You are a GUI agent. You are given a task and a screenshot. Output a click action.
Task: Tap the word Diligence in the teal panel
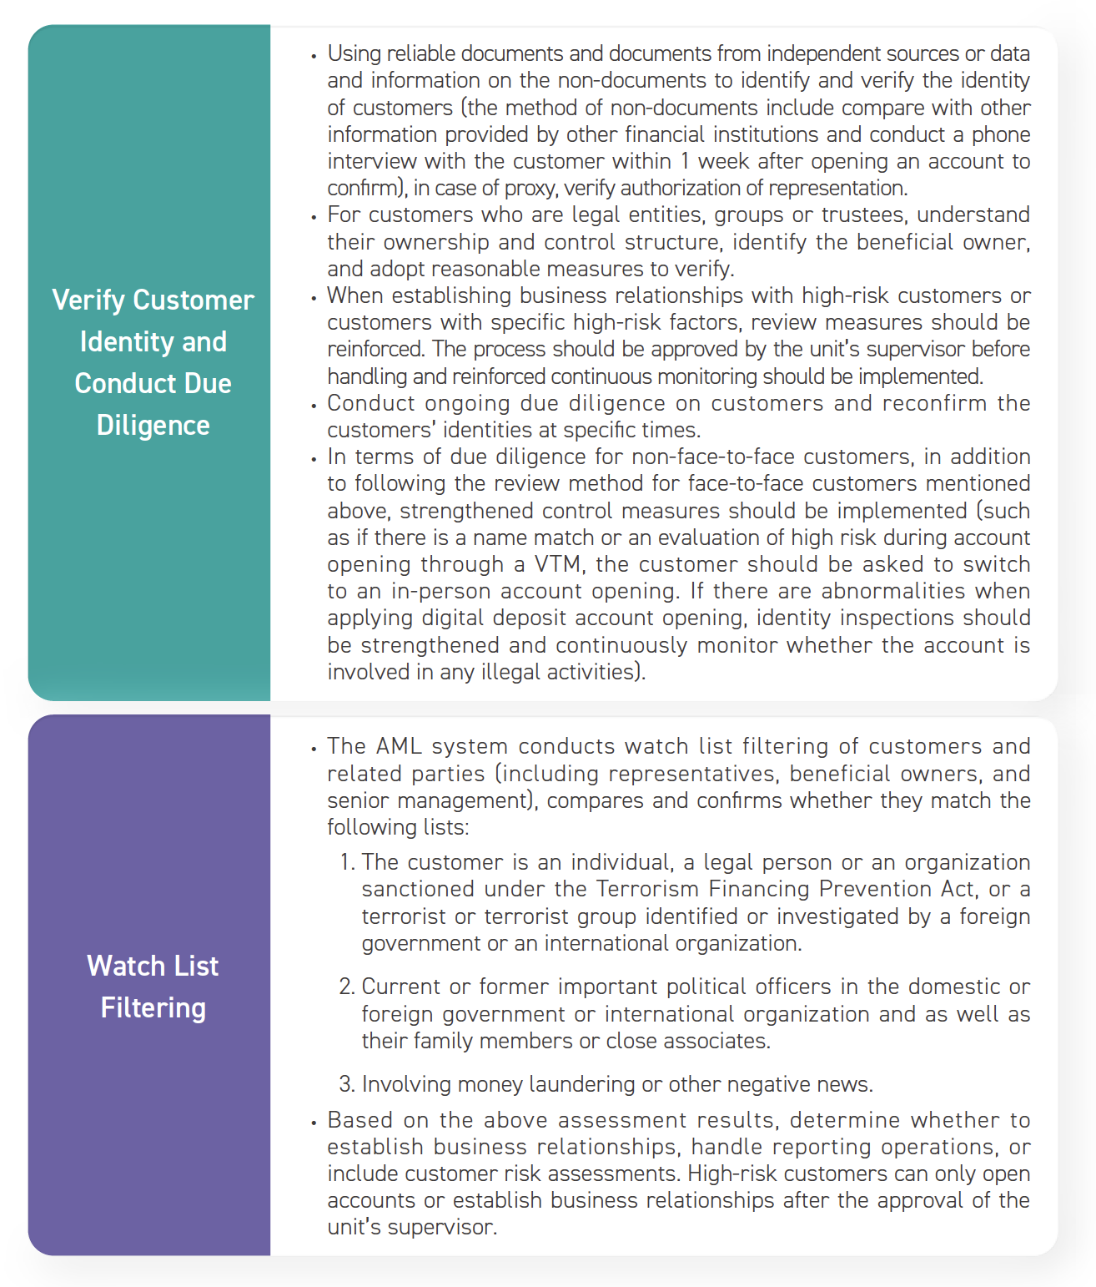point(153,426)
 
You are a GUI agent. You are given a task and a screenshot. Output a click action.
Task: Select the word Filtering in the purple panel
point(153,1008)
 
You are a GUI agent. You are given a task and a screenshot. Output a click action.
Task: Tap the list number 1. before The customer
point(348,862)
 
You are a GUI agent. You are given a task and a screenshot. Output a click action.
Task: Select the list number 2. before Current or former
point(347,987)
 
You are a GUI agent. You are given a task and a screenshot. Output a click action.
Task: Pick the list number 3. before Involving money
point(347,1084)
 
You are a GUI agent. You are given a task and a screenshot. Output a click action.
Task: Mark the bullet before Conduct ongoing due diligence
point(314,406)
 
